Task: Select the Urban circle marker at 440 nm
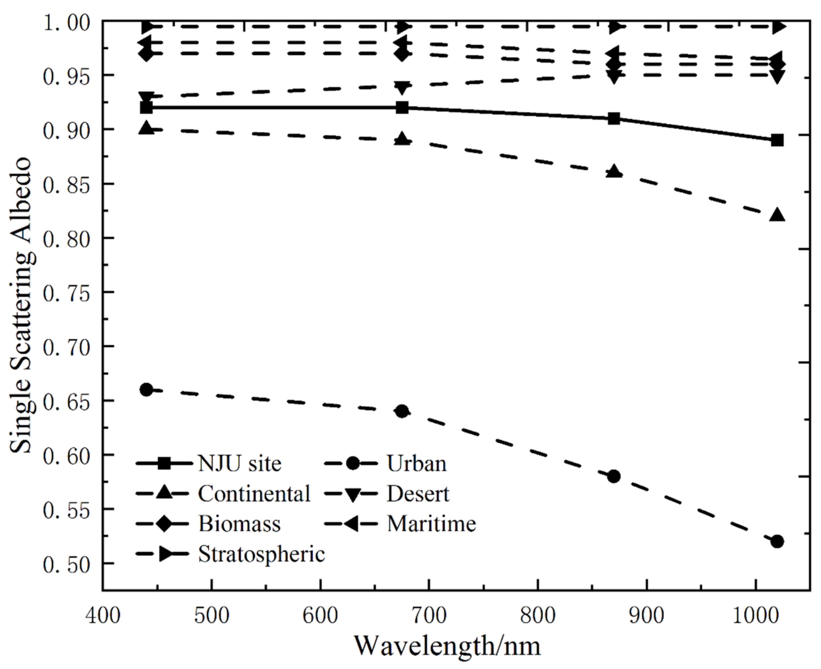click(146, 390)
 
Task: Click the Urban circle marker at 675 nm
click(402, 411)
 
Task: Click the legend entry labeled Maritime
click(431, 524)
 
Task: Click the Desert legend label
click(418, 494)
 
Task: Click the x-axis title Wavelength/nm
click(447, 646)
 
